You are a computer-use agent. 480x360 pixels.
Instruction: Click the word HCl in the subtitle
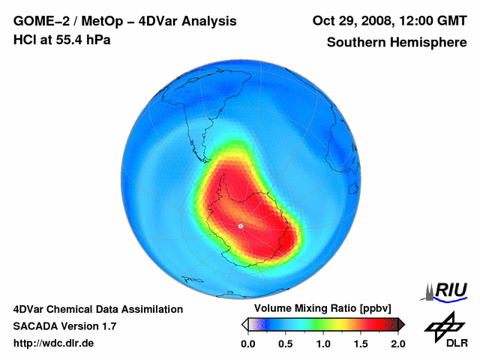pyautogui.click(x=25, y=39)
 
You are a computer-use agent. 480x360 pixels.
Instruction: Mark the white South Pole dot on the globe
pyautogui.click(x=240, y=226)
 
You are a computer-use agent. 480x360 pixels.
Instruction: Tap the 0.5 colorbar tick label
pyautogui.click(x=286, y=343)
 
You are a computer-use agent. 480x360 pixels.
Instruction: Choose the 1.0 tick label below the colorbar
pyautogui.click(x=323, y=343)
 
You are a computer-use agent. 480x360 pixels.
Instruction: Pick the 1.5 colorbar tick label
pyautogui.click(x=361, y=343)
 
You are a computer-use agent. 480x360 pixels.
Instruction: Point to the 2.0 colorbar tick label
pyautogui.click(x=397, y=343)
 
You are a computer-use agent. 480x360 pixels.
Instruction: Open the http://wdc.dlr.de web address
pyautogui.click(x=54, y=343)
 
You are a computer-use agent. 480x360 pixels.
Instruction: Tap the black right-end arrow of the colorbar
pyautogui.click(x=401, y=324)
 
